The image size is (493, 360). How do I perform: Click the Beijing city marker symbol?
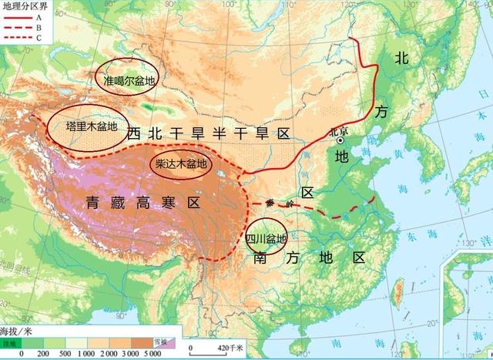pyautogui.click(x=340, y=140)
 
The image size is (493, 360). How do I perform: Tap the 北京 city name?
pyautogui.click(x=338, y=130)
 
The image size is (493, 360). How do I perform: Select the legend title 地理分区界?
pyautogui.click(x=24, y=7)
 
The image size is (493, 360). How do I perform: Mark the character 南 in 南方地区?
pyautogui.click(x=261, y=259)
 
